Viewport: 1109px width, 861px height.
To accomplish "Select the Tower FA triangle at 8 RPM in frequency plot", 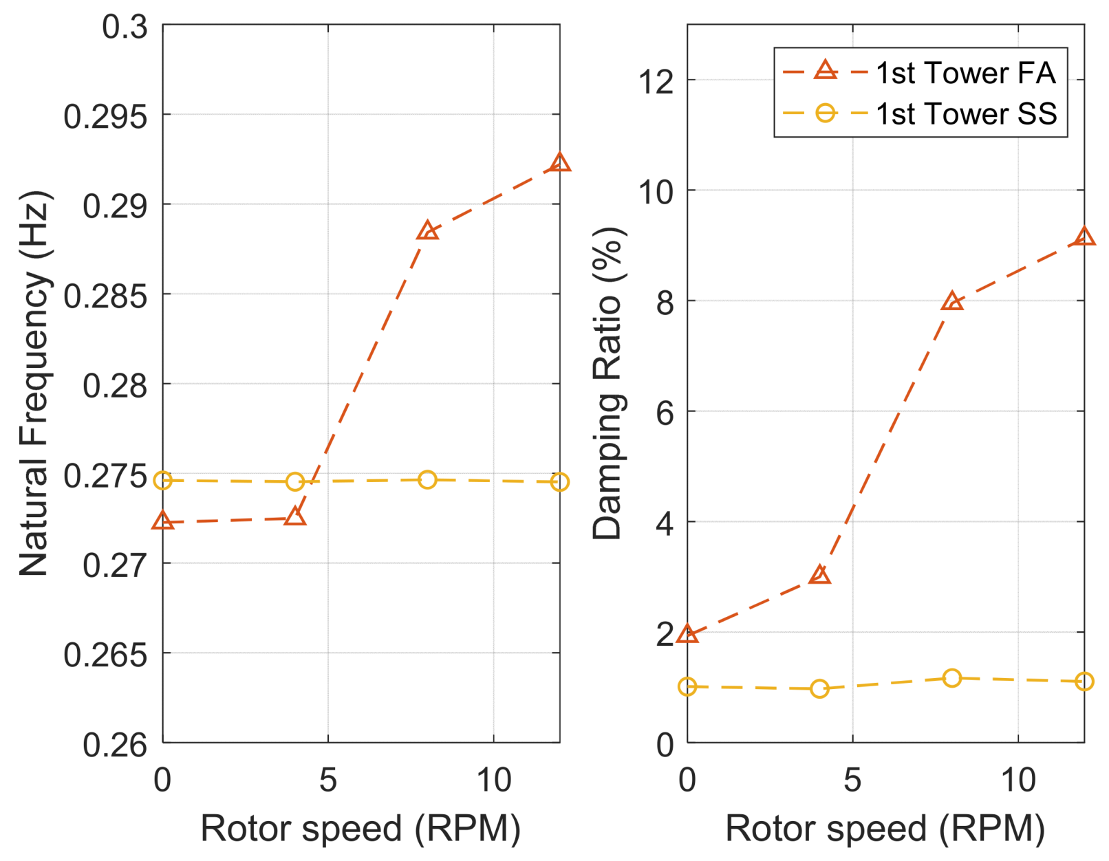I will pyautogui.click(x=427, y=231).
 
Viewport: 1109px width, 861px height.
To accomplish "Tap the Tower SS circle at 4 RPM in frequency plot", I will pyautogui.click(x=295, y=481).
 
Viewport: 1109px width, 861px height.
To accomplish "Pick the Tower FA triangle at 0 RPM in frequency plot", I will pyautogui.click(x=163, y=521).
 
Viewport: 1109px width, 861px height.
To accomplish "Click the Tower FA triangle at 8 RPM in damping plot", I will pyautogui.click(x=952, y=302).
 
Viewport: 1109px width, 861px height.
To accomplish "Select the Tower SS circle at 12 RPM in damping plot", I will pyautogui.click(x=1084, y=682).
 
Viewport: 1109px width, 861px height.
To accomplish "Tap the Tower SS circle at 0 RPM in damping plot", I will pyautogui.click(x=687, y=686).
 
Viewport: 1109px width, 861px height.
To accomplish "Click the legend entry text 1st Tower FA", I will pyautogui.click(x=965, y=73).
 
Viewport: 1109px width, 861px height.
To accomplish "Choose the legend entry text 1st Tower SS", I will pyautogui.click(x=965, y=113).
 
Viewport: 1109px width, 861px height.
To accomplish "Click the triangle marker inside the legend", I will pyautogui.click(x=825, y=70).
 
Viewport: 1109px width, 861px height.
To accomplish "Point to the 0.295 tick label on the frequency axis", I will pyautogui.click(x=105, y=116).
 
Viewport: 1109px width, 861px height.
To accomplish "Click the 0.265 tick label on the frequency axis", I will pyautogui.click(x=105, y=654).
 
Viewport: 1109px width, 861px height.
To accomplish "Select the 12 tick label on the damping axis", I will pyautogui.click(x=656, y=82).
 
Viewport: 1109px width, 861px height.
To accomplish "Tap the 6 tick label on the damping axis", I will pyautogui.click(x=665, y=413).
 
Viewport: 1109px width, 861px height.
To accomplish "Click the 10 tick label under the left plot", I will pyautogui.click(x=493, y=780).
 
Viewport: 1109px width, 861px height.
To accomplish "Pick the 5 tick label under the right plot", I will pyautogui.click(x=852, y=780).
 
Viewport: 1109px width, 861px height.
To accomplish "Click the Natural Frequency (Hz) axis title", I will pyautogui.click(x=34, y=383).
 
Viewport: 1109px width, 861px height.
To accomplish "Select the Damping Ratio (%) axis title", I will pyautogui.click(x=607, y=383).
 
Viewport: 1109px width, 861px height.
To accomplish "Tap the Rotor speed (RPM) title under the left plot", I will pyautogui.click(x=360, y=828).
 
